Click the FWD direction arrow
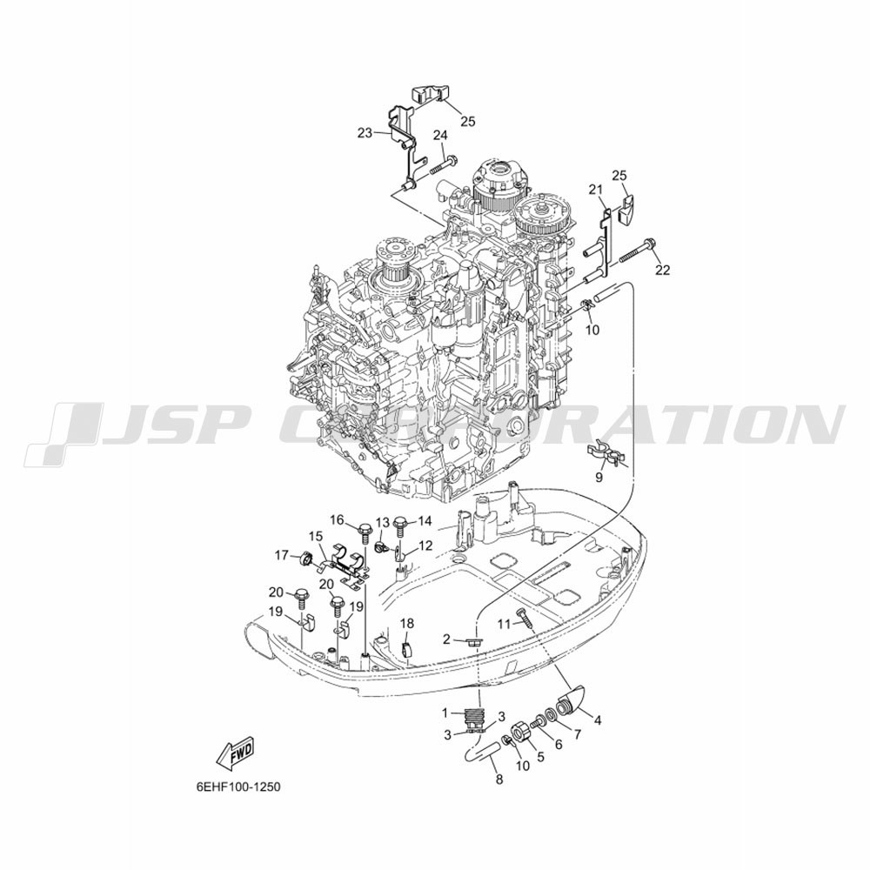[235, 756]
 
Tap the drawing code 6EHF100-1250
[238, 787]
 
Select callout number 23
[365, 133]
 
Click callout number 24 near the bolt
[440, 135]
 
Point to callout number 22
[662, 271]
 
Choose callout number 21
[595, 191]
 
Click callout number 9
[599, 477]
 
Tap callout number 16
[338, 520]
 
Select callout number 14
[425, 521]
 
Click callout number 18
[406, 624]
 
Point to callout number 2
[446, 640]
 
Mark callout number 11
[503, 624]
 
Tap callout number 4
[598, 720]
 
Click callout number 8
[499, 780]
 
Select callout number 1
[445, 712]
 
